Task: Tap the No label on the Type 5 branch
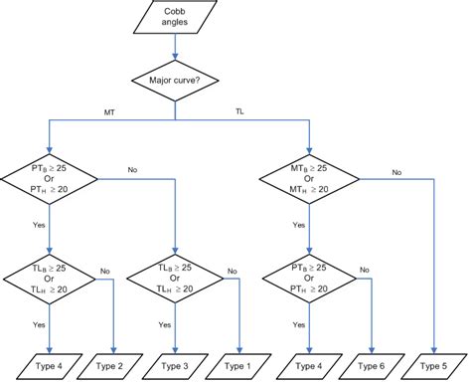(x=395, y=171)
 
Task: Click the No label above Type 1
(x=233, y=271)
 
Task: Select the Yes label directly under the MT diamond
(x=299, y=225)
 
